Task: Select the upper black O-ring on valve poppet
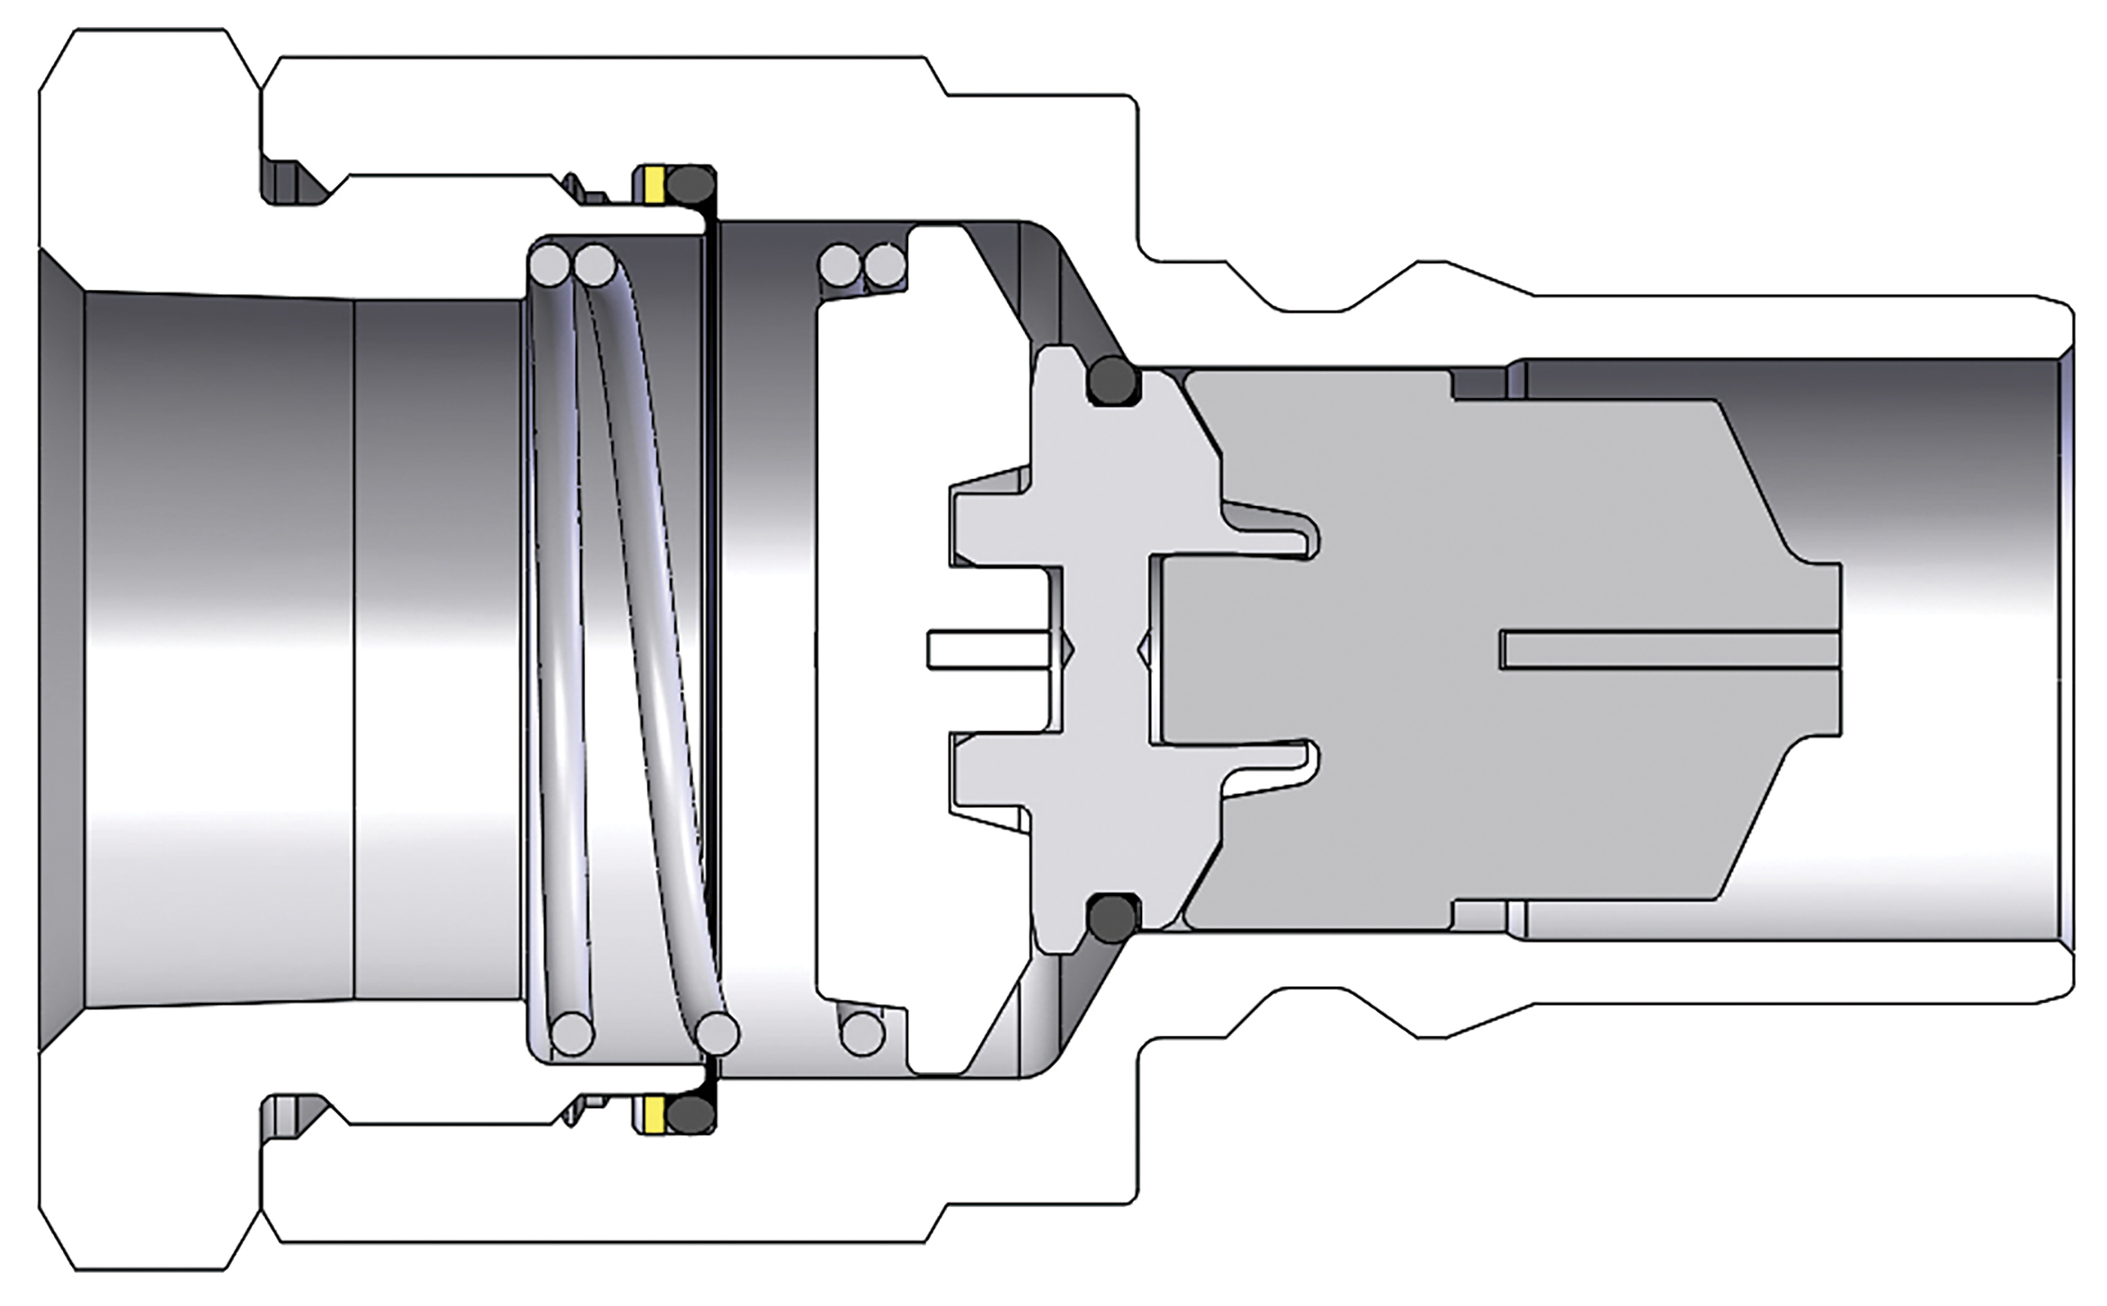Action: (1113, 381)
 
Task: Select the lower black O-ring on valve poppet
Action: (1113, 918)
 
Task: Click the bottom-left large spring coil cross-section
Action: (571, 1034)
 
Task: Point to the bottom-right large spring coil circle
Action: (718, 1034)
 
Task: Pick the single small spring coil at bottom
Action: (862, 1034)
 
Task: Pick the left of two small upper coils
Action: (840, 265)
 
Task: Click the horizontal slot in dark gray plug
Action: (1668, 650)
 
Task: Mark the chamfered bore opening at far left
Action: (61, 650)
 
